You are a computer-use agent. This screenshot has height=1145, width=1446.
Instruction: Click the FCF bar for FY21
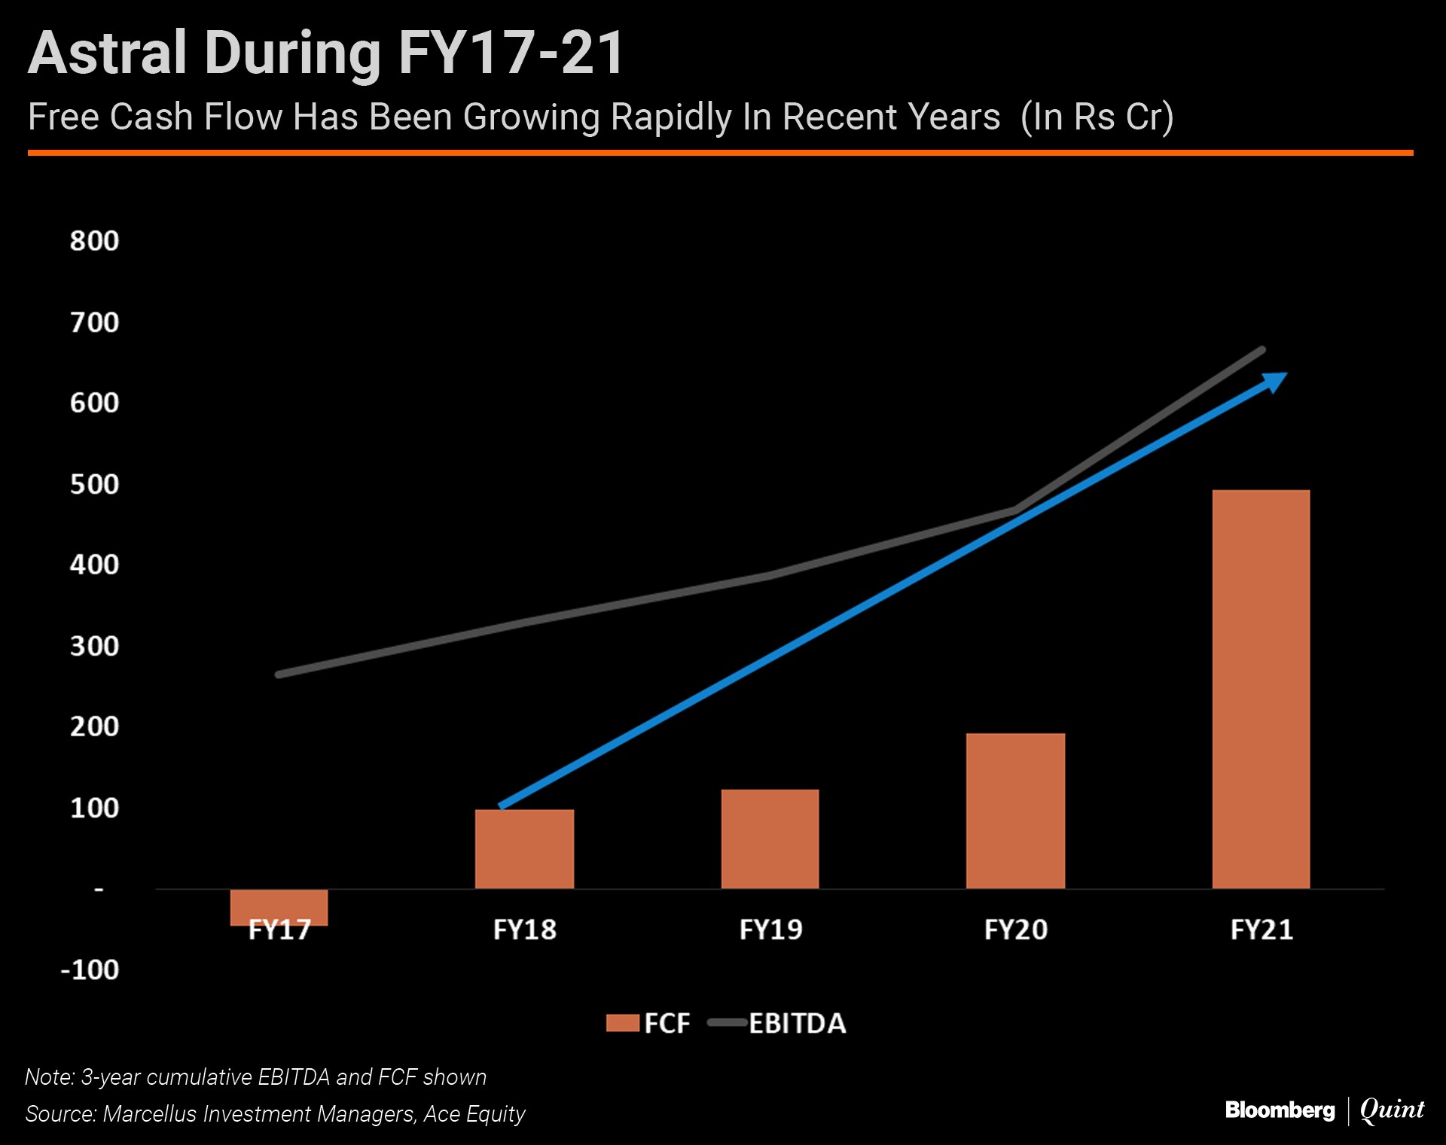1261,689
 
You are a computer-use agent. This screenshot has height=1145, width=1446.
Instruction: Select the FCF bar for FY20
1015,811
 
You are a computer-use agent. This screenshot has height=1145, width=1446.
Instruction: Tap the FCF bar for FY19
770,839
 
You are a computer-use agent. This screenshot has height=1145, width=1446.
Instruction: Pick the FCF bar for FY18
524,848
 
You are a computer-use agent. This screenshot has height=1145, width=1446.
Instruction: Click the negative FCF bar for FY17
279,907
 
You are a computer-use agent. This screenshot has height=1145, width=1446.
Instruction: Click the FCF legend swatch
622,1024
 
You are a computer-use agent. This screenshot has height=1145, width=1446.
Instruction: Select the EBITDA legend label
797,1024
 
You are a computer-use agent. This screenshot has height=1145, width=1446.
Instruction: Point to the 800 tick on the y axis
94,241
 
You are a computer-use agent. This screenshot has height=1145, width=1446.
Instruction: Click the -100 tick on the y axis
90,970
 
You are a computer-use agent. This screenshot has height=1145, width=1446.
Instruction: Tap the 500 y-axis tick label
94,484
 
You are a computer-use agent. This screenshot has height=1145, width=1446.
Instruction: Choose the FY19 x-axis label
770,930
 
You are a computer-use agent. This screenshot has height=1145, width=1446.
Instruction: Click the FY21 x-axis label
1261,930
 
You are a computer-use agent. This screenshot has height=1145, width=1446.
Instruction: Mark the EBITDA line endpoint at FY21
1262,350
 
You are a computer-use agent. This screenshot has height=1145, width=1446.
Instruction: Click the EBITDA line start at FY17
279,675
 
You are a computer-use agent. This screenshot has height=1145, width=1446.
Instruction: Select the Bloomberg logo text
1280,1110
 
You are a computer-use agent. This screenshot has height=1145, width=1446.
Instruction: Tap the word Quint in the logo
1392,1110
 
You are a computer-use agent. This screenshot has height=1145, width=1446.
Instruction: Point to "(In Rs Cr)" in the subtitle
1097,117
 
